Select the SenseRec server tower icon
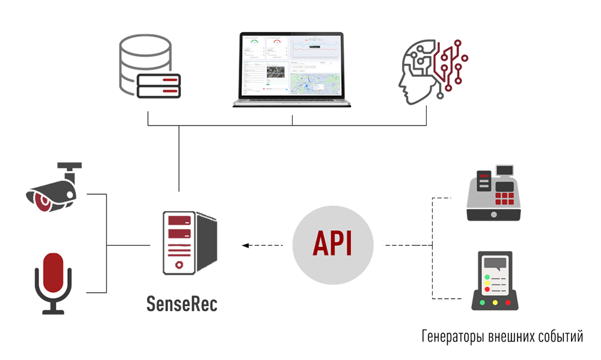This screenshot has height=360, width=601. pos(186,243)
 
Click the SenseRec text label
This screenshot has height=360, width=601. pos(182,304)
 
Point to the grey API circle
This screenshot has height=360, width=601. pos(333,245)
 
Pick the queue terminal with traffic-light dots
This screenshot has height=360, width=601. pos(495,281)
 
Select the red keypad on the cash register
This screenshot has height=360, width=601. pos(504,199)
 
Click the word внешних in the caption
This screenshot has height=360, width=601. pos(505,335)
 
